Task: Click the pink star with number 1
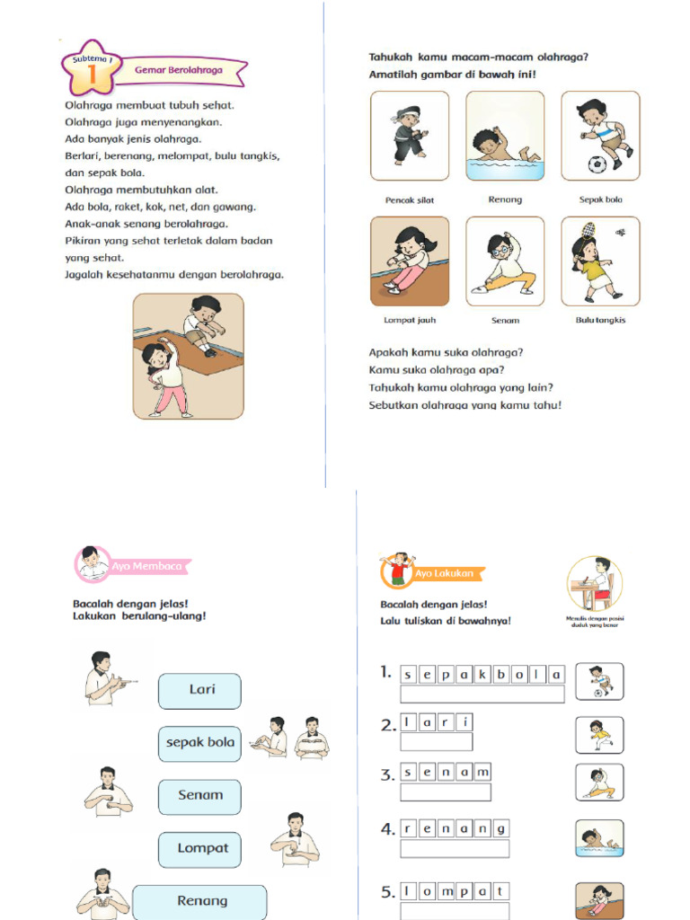click(91, 70)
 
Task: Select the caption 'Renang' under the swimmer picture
click(505, 199)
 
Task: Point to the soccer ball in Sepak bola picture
click(597, 164)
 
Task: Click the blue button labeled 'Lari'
click(199, 691)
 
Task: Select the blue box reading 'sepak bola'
click(199, 743)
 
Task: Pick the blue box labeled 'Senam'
click(199, 796)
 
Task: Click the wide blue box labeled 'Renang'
click(199, 901)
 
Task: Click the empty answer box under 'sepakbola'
click(482, 694)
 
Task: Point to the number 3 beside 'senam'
click(386, 774)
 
